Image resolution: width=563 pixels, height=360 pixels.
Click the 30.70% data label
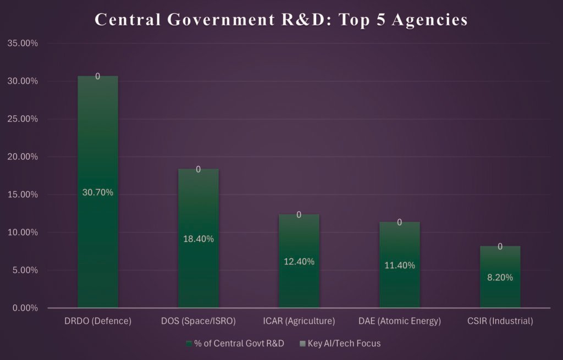click(x=97, y=192)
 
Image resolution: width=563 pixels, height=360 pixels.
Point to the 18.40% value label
click(x=198, y=239)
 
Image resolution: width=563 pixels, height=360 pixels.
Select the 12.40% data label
click(x=299, y=262)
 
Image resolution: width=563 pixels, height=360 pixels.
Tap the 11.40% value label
click(x=399, y=265)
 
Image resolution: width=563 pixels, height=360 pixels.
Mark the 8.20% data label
click(x=500, y=278)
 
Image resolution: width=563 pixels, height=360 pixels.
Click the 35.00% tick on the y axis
click(x=22, y=43)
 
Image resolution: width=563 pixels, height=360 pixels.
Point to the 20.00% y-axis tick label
click(x=22, y=157)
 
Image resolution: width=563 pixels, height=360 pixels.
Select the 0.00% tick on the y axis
click(x=24, y=308)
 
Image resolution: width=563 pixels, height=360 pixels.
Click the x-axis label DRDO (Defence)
click(x=97, y=322)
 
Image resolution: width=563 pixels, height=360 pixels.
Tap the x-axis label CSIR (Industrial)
click(x=500, y=322)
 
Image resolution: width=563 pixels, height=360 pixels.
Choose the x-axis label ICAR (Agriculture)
click(x=299, y=322)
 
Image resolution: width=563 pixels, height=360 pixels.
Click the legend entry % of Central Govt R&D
click(x=239, y=344)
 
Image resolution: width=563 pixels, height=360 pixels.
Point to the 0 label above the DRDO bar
click(x=97, y=76)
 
